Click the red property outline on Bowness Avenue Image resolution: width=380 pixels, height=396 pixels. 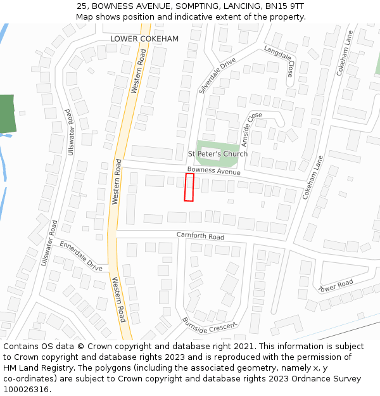click(x=189, y=188)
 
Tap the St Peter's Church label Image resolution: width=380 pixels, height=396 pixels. click(x=218, y=154)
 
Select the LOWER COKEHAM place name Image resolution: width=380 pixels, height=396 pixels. click(x=144, y=39)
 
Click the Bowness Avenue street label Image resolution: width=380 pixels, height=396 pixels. click(x=213, y=170)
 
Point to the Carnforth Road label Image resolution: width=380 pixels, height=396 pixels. click(x=200, y=236)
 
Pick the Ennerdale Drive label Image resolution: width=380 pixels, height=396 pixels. click(x=81, y=256)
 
